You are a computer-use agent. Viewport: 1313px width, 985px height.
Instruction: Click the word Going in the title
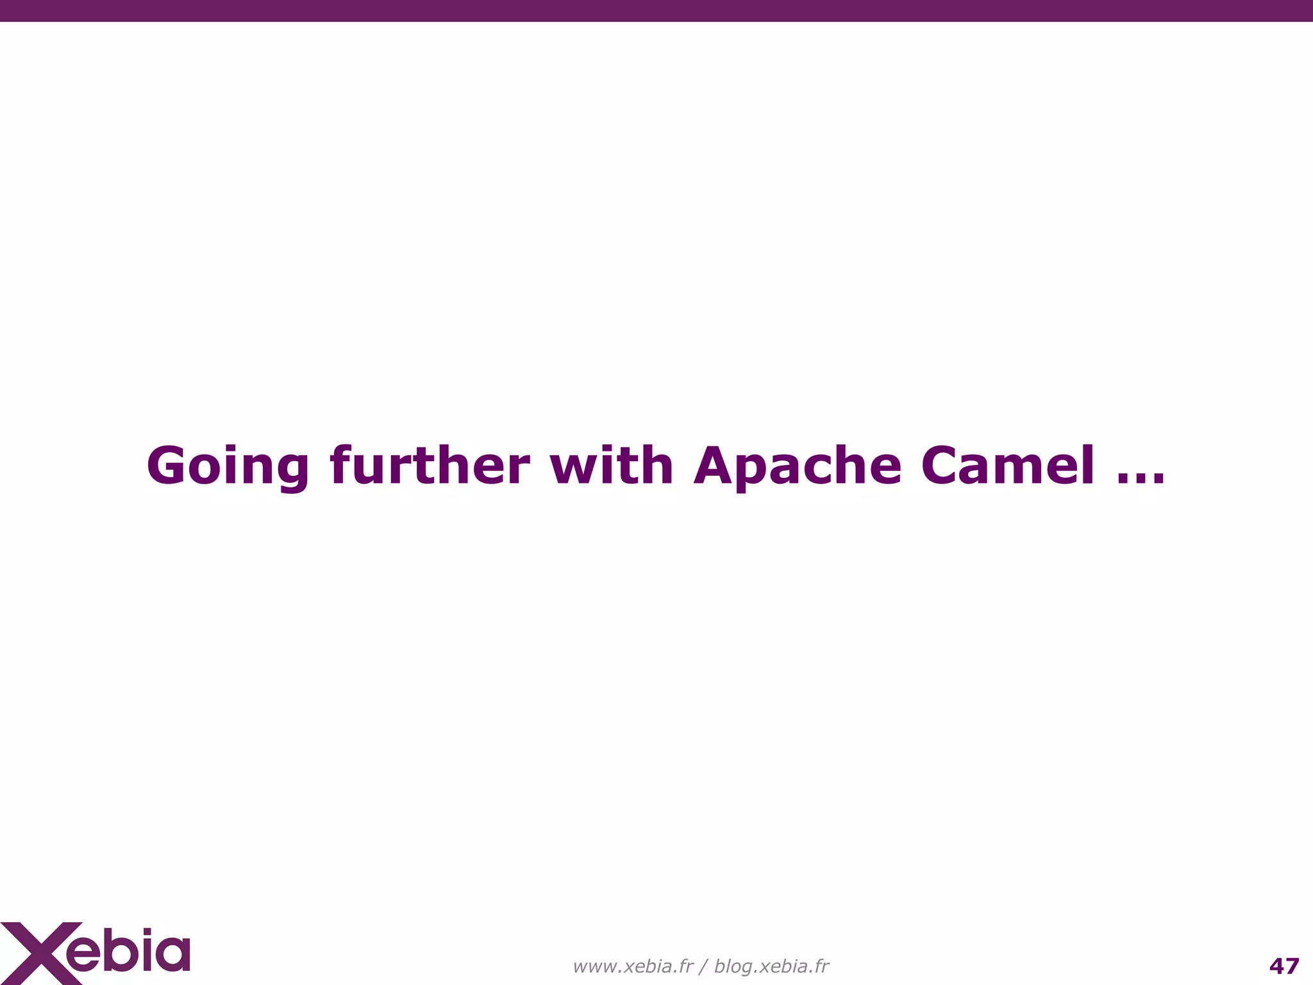pyautogui.click(x=228, y=467)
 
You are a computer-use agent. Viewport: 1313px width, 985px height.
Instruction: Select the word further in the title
pyautogui.click(x=430, y=466)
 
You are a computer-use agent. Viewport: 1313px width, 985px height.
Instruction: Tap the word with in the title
pyautogui.click(x=611, y=466)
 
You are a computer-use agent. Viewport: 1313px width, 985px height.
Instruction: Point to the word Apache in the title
pyautogui.click(x=798, y=467)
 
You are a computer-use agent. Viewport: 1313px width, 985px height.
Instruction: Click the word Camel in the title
pyautogui.click(x=1008, y=466)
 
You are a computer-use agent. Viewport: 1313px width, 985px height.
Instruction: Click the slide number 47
pyautogui.click(x=1284, y=966)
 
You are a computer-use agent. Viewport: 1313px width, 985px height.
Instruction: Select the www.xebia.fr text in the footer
pyautogui.click(x=633, y=966)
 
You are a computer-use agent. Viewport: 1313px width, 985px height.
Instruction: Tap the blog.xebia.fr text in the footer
pyautogui.click(x=771, y=966)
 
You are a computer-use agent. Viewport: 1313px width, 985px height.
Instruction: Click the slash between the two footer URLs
pyautogui.click(x=703, y=966)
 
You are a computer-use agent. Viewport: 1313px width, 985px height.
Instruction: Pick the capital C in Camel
pyautogui.click(x=941, y=466)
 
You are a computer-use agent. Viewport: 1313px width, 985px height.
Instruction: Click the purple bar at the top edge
pyautogui.click(x=656, y=10)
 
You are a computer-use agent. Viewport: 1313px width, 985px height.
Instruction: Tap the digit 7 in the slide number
pyautogui.click(x=1292, y=966)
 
